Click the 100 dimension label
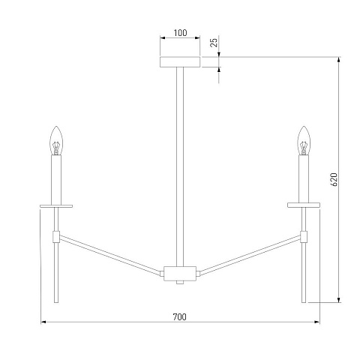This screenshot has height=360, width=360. click(180, 33)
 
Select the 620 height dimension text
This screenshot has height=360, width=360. click(334, 179)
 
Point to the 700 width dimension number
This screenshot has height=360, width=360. click(180, 317)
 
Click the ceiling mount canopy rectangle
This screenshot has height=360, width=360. click(180, 62)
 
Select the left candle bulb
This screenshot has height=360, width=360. click(56, 140)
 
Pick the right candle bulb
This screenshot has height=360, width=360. click(304, 140)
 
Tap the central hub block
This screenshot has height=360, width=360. click(180, 274)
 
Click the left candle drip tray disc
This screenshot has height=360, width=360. click(56, 206)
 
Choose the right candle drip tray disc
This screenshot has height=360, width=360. click(304, 205)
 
